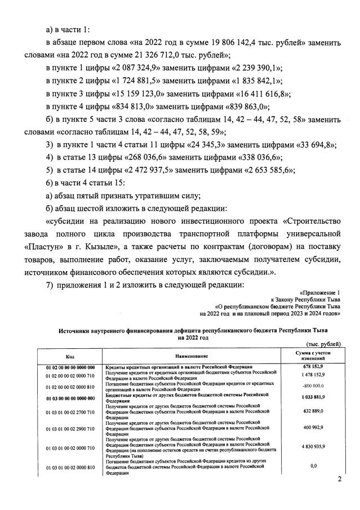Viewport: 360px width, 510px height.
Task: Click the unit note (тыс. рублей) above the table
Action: point(323,343)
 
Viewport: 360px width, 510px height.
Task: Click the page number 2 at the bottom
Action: point(340,480)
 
